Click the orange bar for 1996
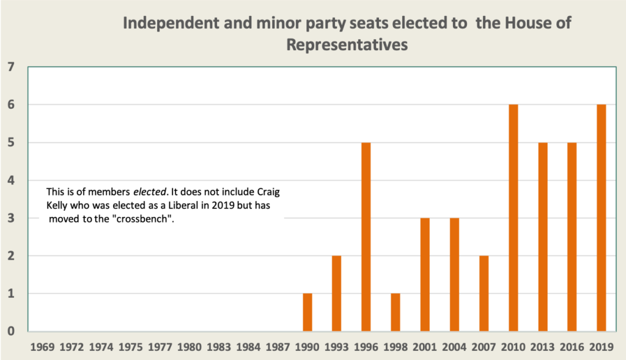pos(366,237)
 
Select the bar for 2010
pos(513,218)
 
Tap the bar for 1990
pos(307,312)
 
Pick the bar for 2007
pos(484,293)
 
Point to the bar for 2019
pos(601,218)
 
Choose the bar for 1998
pos(395,312)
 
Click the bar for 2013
pos(542,237)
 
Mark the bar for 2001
pos(424,274)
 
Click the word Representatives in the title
pos(347,45)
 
